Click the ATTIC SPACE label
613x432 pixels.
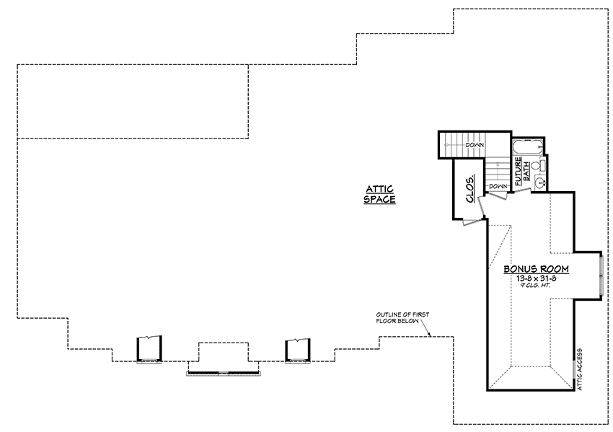379,194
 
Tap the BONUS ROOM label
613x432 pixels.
536,269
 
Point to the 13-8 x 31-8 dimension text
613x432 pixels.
537,279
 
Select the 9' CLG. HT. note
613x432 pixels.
537,286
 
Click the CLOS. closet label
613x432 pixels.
470,188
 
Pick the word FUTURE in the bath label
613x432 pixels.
519,171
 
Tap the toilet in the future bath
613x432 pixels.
537,166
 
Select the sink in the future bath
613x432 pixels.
540,182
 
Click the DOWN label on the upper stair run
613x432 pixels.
475,145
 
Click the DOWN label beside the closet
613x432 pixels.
498,186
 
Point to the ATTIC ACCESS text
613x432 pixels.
580,369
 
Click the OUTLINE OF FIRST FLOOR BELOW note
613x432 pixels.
402,317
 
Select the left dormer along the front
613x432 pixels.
149,349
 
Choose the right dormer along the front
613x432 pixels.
298,351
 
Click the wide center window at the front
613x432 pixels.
224,374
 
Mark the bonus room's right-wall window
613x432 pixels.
601,275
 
